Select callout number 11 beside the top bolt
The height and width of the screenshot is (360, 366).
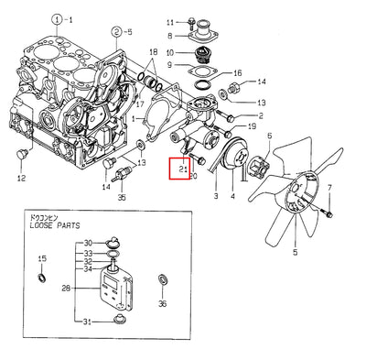tap(170, 20)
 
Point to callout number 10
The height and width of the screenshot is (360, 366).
tap(170, 53)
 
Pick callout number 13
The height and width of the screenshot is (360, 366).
tap(261, 104)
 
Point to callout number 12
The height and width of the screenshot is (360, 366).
tap(21, 179)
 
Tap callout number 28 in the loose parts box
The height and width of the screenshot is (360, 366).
tap(65, 289)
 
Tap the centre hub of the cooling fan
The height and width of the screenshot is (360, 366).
tap(296, 193)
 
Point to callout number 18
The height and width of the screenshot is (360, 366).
tap(153, 51)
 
